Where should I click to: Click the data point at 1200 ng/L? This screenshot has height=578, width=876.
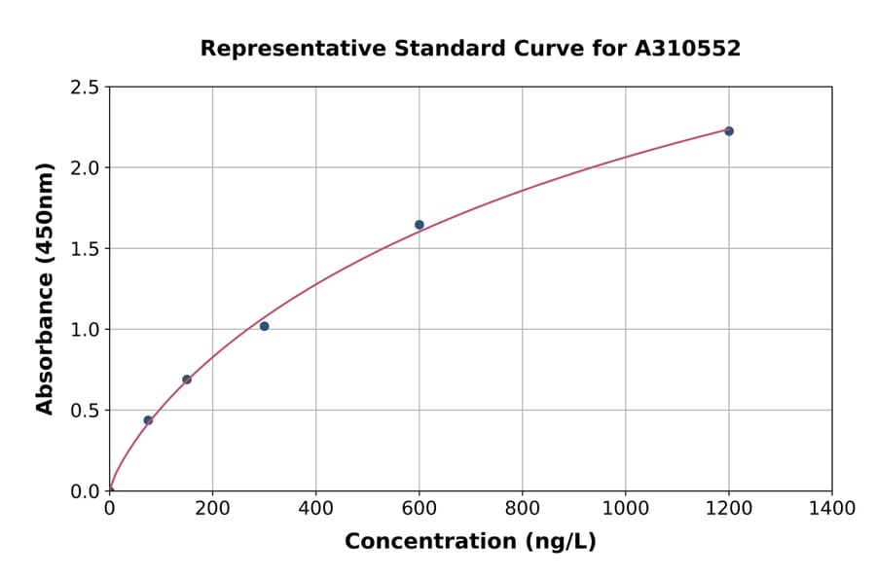pos(728,131)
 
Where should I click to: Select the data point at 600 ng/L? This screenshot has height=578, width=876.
pos(420,225)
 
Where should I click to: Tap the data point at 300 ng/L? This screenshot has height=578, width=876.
pos(264,326)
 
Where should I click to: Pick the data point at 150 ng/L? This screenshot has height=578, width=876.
pos(187,379)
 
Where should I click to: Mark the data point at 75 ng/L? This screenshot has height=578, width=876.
pos(148,420)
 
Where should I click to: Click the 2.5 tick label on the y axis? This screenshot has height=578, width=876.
pos(86,88)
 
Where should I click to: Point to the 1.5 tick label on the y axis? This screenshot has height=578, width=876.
pos(86,249)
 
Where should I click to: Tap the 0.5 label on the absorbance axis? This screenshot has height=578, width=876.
pos(86,411)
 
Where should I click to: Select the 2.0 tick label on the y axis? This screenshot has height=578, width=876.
pos(86,168)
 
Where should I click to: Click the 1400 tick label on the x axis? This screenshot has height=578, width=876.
pos(831,508)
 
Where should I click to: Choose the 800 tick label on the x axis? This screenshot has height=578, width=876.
pos(522,508)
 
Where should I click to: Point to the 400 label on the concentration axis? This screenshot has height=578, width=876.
pos(315,508)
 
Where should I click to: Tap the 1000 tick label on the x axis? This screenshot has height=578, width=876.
pos(625,508)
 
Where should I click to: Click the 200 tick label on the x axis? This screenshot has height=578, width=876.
pos(212,508)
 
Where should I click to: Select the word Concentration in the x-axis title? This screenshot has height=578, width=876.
pos(428,542)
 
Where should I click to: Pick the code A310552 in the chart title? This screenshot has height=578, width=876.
pos(687,49)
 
